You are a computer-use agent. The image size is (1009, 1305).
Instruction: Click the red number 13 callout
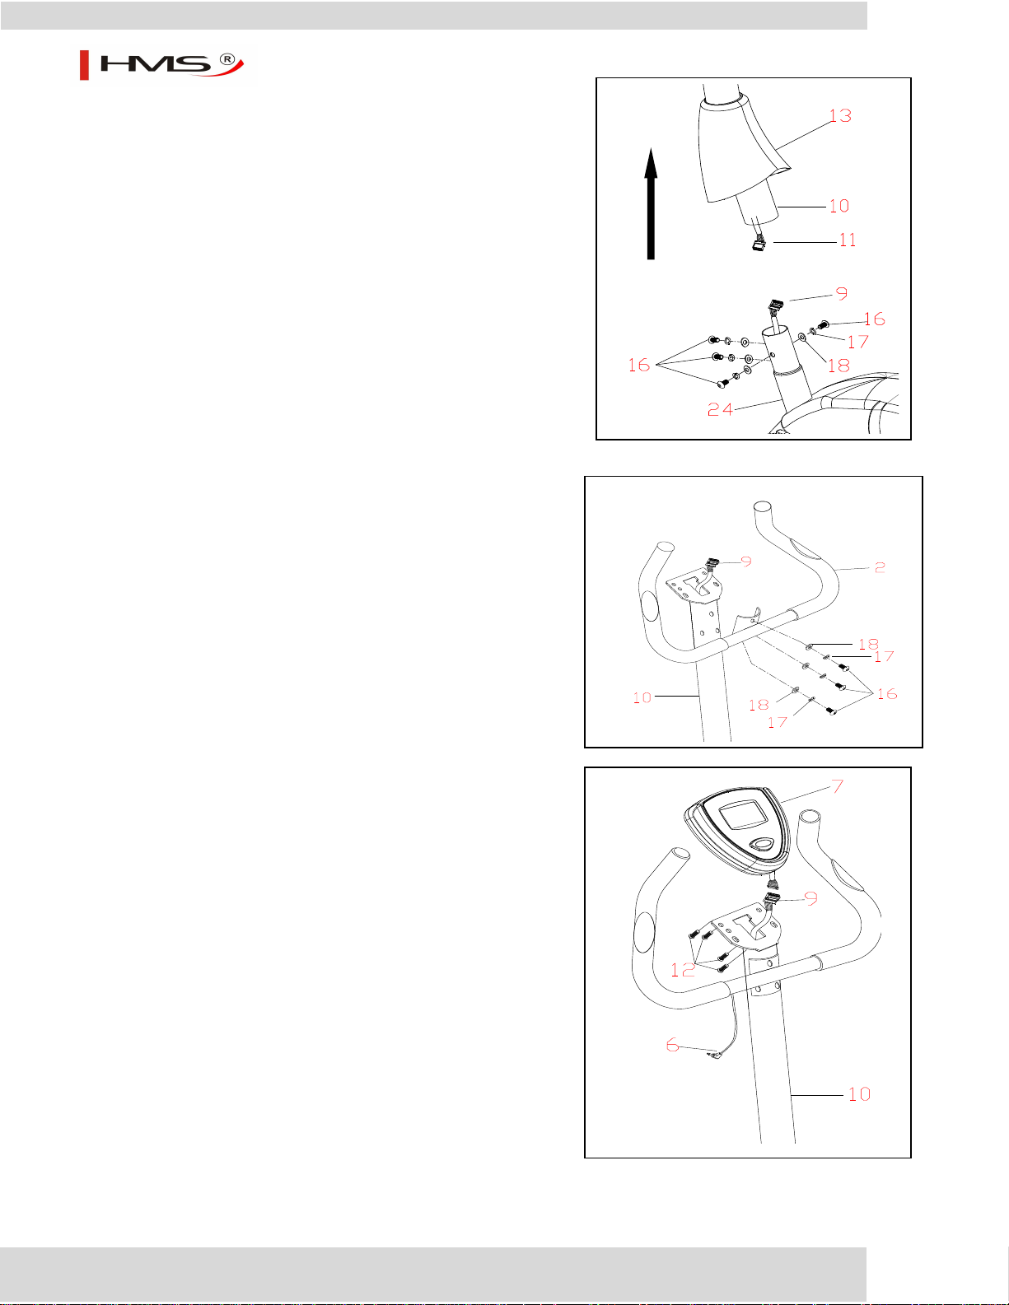click(x=840, y=115)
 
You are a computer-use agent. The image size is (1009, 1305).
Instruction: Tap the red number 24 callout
click(x=720, y=409)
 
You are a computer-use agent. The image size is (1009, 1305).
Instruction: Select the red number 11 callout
click(x=848, y=240)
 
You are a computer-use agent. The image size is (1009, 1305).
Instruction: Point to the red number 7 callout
click(x=837, y=786)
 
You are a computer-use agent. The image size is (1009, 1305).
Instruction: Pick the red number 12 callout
click(x=682, y=970)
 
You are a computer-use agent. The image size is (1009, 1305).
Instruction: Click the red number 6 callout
click(x=672, y=1045)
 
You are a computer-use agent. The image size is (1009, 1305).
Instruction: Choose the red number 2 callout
click(x=880, y=567)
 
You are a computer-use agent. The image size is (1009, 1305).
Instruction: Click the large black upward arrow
click(x=651, y=203)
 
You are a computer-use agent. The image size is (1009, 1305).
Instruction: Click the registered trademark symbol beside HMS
click(x=227, y=58)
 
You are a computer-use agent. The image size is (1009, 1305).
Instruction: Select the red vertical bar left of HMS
click(x=84, y=66)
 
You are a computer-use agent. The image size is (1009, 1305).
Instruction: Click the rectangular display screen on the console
click(x=743, y=816)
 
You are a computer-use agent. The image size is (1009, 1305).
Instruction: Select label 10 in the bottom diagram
click(x=859, y=1094)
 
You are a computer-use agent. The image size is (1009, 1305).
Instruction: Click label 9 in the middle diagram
click(x=746, y=561)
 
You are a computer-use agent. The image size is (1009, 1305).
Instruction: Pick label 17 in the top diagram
click(x=857, y=342)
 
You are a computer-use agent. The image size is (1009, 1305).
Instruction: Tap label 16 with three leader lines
click(x=638, y=365)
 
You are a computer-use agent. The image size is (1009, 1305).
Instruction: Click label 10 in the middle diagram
click(x=642, y=697)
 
